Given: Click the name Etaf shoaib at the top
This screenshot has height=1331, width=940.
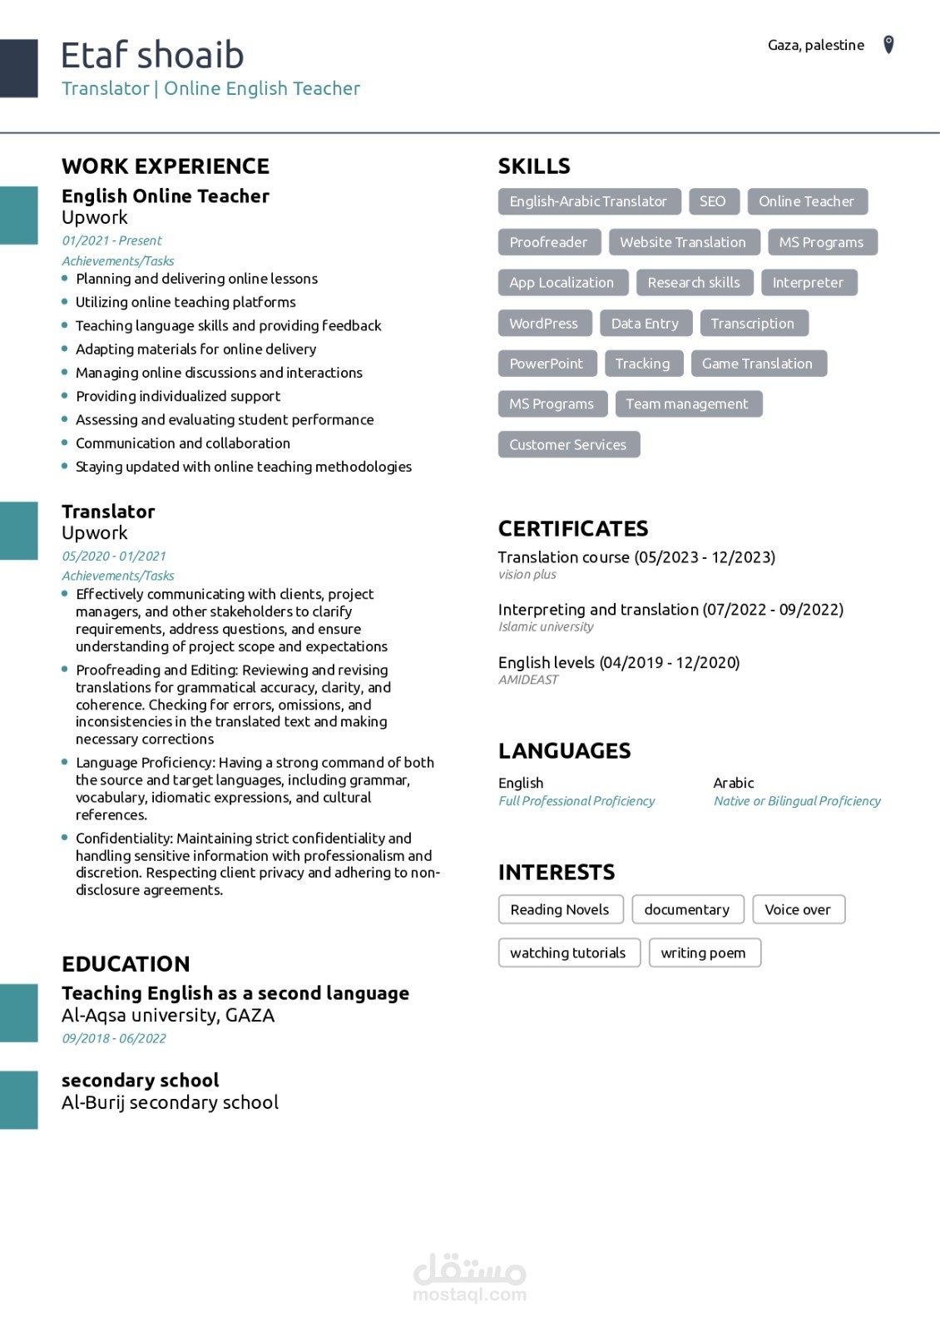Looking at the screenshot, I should (x=152, y=55).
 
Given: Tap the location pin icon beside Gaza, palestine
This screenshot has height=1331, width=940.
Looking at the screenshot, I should (x=888, y=44).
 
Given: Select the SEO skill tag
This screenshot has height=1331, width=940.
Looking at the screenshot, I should (x=712, y=201).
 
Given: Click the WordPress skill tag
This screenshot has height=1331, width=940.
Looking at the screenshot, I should (x=544, y=324).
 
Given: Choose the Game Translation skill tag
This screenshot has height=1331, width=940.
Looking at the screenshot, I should (x=757, y=364).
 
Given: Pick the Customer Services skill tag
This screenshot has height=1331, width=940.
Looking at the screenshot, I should (x=568, y=445).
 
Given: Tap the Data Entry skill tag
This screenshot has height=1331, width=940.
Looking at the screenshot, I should (x=645, y=324).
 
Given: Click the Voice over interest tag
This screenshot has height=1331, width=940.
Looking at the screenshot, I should (x=798, y=909).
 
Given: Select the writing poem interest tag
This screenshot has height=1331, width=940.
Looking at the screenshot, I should (x=704, y=952).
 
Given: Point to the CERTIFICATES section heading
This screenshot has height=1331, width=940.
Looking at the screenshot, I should (x=573, y=528).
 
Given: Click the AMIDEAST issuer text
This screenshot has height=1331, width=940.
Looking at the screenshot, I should (x=528, y=680).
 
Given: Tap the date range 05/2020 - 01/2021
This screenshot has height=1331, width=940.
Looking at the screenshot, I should (x=114, y=556).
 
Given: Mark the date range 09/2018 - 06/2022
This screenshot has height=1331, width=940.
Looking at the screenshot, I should (x=114, y=1038).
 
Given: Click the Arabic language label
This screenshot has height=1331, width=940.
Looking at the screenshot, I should (x=734, y=783).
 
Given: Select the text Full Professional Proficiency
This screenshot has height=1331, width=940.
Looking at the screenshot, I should (x=576, y=801).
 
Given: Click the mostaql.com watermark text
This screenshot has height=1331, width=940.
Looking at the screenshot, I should (x=469, y=1294).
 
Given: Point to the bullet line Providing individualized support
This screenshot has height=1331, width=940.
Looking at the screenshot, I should (x=178, y=396).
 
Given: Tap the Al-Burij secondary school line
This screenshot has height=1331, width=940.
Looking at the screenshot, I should (x=170, y=1102).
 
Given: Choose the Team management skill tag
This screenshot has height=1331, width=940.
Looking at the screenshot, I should (x=687, y=404).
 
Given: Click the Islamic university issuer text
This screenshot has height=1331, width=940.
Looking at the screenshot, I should (x=546, y=627).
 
